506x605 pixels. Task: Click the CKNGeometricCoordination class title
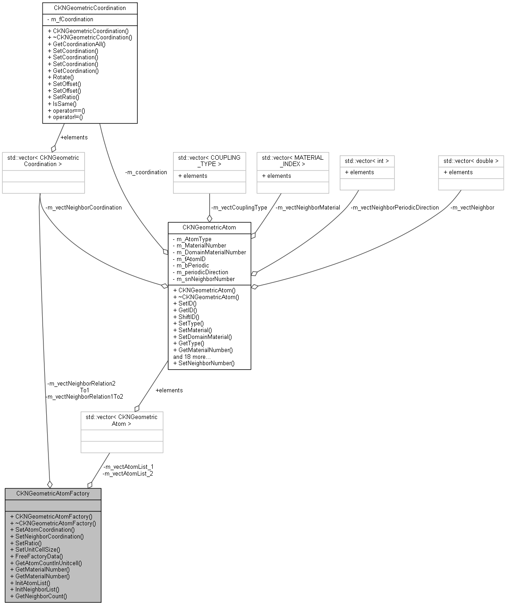(x=90, y=8)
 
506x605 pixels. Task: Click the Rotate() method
(x=61, y=77)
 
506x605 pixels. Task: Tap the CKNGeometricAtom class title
(x=209, y=227)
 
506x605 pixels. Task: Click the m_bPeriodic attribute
(x=191, y=266)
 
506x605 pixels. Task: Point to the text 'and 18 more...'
(x=192, y=357)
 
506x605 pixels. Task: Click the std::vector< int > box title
(x=367, y=161)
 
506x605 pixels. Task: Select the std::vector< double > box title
(x=471, y=161)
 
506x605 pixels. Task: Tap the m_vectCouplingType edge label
(x=239, y=207)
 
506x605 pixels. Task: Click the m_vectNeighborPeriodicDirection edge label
(x=395, y=207)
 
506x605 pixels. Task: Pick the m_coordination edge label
(x=146, y=172)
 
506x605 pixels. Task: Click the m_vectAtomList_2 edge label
(x=128, y=473)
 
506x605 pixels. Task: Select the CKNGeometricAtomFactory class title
(x=53, y=493)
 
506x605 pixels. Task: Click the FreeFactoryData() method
(x=39, y=556)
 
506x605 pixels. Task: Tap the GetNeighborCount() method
(x=41, y=596)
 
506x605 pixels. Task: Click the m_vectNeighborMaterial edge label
(x=308, y=207)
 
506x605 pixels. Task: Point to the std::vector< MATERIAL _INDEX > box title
(x=293, y=161)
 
